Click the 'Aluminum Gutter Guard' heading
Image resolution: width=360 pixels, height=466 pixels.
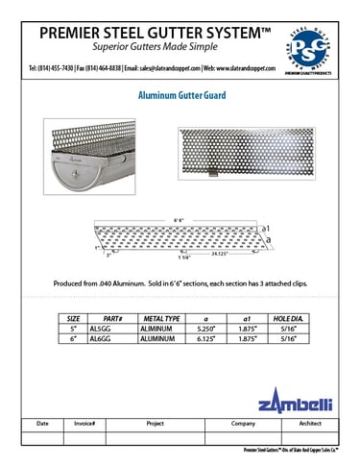pos(180,97)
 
